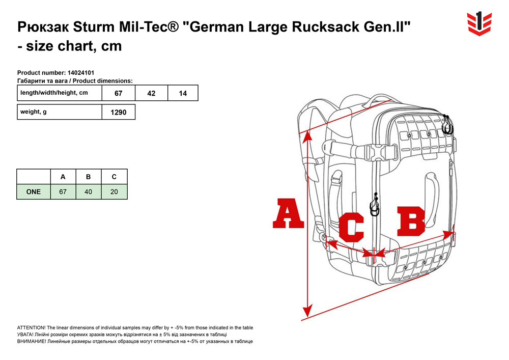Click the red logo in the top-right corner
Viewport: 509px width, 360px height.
[x=479, y=23]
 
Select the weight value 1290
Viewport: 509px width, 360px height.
[x=119, y=113]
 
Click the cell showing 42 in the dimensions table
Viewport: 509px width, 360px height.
[x=151, y=93]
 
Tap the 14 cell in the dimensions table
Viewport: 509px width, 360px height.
[x=183, y=93]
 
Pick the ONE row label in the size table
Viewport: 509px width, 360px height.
[x=34, y=192]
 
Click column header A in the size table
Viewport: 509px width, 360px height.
[x=63, y=177]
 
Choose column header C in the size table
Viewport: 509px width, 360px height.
[x=114, y=177]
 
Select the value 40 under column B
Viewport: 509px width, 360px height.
[x=88, y=192]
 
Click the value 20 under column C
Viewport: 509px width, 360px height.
[x=114, y=192]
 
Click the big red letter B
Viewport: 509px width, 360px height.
[x=411, y=221]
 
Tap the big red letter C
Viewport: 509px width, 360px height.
[x=351, y=227]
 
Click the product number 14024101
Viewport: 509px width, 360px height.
[x=81, y=73]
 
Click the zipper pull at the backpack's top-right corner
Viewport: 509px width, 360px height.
[x=447, y=125]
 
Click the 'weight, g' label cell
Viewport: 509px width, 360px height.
[x=60, y=112]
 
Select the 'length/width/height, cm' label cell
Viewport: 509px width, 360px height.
[x=60, y=93]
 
